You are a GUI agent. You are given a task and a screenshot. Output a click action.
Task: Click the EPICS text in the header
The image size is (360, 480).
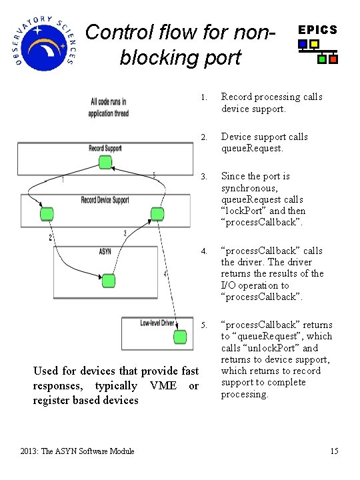click(x=317, y=30)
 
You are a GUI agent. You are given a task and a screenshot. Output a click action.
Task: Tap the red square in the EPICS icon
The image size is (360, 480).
click(x=333, y=59)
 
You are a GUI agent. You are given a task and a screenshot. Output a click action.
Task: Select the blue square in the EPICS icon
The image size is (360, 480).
click(x=303, y=45)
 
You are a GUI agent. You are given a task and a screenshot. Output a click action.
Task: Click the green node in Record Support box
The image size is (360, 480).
click(x=105, y=162)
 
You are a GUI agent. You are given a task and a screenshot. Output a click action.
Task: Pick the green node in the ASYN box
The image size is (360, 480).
click(x=107, y=280)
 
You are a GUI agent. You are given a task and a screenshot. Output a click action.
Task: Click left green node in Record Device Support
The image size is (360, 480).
click(x=47, y=214)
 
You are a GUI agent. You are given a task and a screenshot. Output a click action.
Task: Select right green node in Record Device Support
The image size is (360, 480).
click(x=157, y=214)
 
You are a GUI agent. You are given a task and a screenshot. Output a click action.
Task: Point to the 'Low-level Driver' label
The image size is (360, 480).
click(x=157, y=323)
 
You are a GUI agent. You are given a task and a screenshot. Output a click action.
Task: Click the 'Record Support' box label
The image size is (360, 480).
click(x=105, y=148)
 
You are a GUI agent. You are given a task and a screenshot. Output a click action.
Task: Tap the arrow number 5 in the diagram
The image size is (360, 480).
click(x=154, y=175)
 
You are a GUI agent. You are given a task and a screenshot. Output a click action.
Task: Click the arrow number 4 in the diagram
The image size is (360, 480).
click(x=165, y=274)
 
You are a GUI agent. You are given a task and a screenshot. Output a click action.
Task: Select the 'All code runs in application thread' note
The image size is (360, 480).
click(x=108, y=108)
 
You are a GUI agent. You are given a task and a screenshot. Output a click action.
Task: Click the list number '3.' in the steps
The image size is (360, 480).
click(x=205, y=177)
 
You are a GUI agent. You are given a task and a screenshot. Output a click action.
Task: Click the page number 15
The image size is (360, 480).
click(x=334, y=451)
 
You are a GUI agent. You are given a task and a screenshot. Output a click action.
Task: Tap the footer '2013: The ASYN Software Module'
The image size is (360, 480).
click(x=77, y=451)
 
